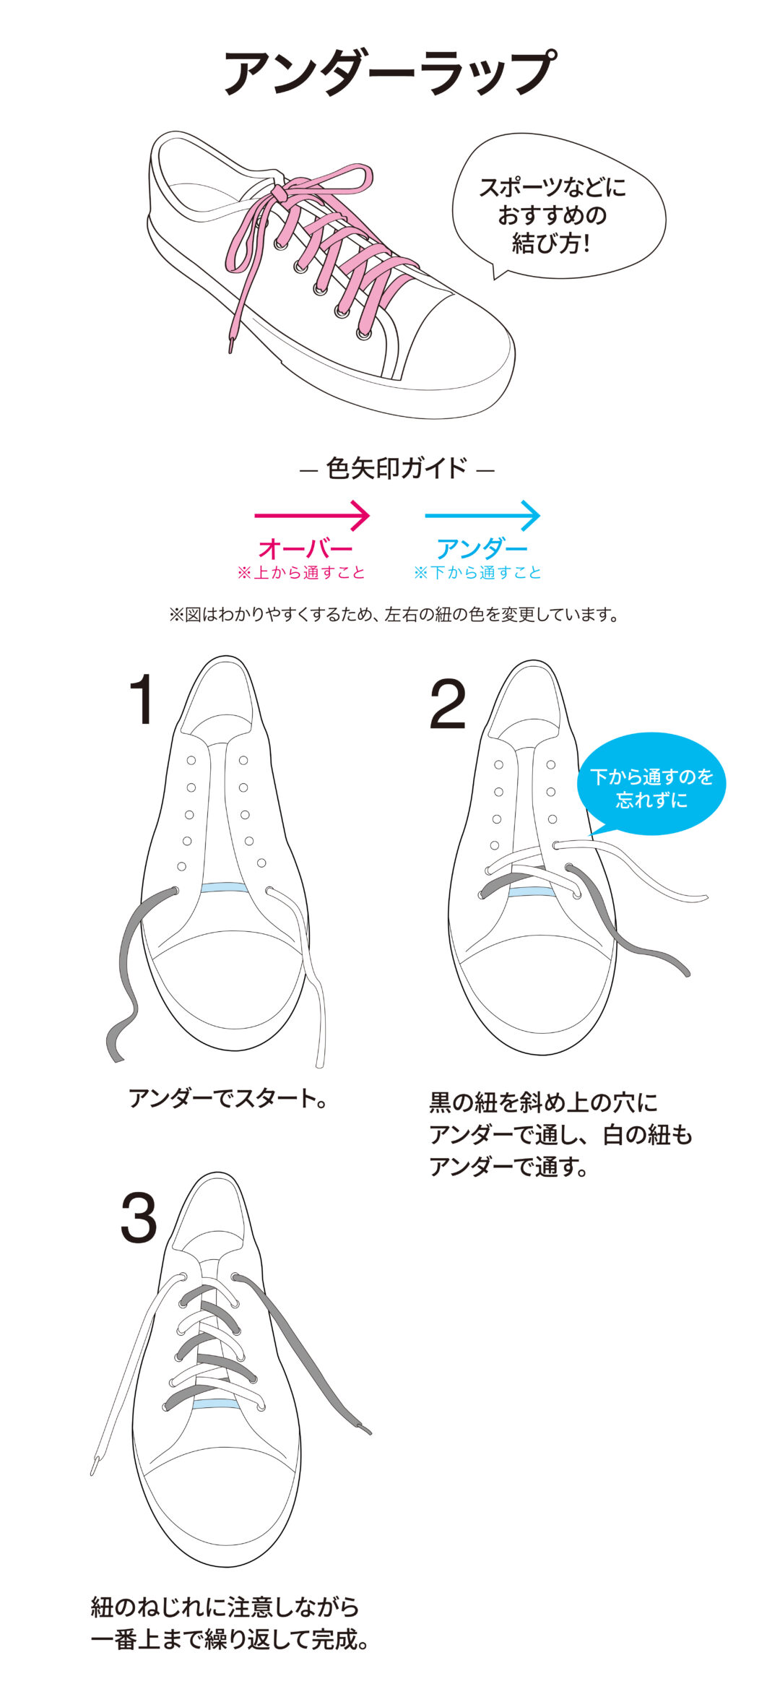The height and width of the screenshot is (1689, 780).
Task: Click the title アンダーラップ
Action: click(390, 73)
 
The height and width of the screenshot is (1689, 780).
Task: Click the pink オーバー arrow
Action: click(312, 516)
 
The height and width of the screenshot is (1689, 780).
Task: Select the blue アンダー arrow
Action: click(482, 516)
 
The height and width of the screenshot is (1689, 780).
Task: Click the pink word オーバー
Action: click(305, 549)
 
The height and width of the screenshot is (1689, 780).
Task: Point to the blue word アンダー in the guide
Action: click(482, 549)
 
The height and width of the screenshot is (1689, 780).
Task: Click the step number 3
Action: click(139, 1219)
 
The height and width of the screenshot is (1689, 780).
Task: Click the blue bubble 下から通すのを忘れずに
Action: click(651, 786)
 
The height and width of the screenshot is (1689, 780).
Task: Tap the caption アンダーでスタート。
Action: click(228, 1098)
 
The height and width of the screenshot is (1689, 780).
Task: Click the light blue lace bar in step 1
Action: click(224, 888)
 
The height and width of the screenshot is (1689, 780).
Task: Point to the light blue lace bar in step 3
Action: click(216, 1404)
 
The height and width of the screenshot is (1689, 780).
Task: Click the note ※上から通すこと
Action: click(301, 573)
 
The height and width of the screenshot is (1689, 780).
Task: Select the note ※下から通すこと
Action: click(477, 573)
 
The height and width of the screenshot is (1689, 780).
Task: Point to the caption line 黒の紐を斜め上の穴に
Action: click(544, 1102)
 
